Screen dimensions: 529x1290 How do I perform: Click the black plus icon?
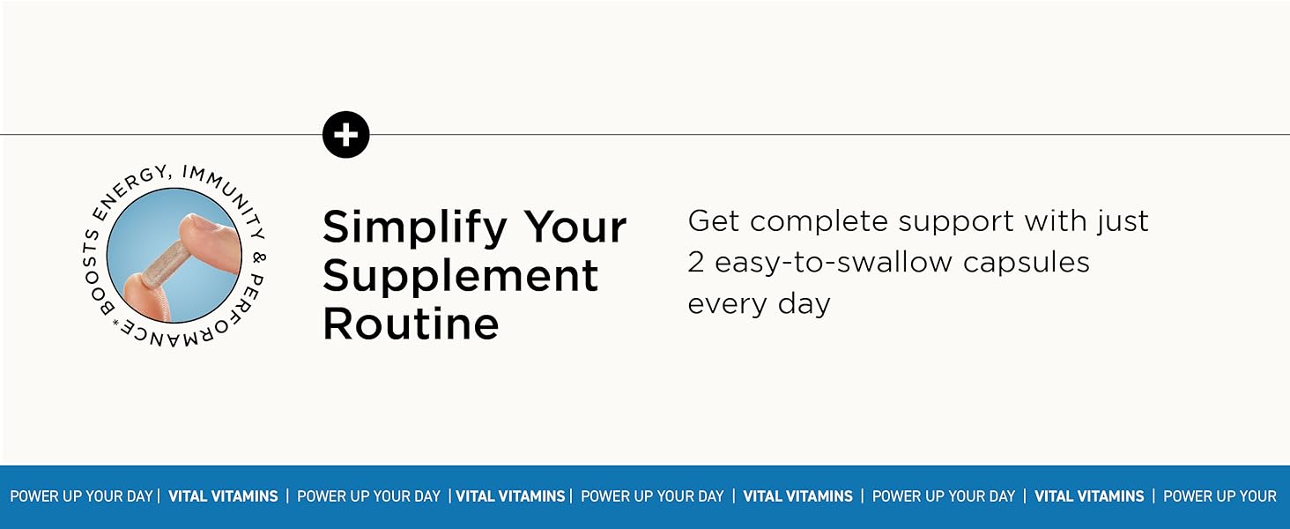[x=346, y=135]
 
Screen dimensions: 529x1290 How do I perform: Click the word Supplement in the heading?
[x=460, y=276]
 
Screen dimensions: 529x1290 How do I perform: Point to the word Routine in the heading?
[x=411, y=324]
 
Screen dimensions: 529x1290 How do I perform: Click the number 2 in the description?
[x=697, y=262]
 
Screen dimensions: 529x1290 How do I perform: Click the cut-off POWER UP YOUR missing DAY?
[x=1220, y=496]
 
